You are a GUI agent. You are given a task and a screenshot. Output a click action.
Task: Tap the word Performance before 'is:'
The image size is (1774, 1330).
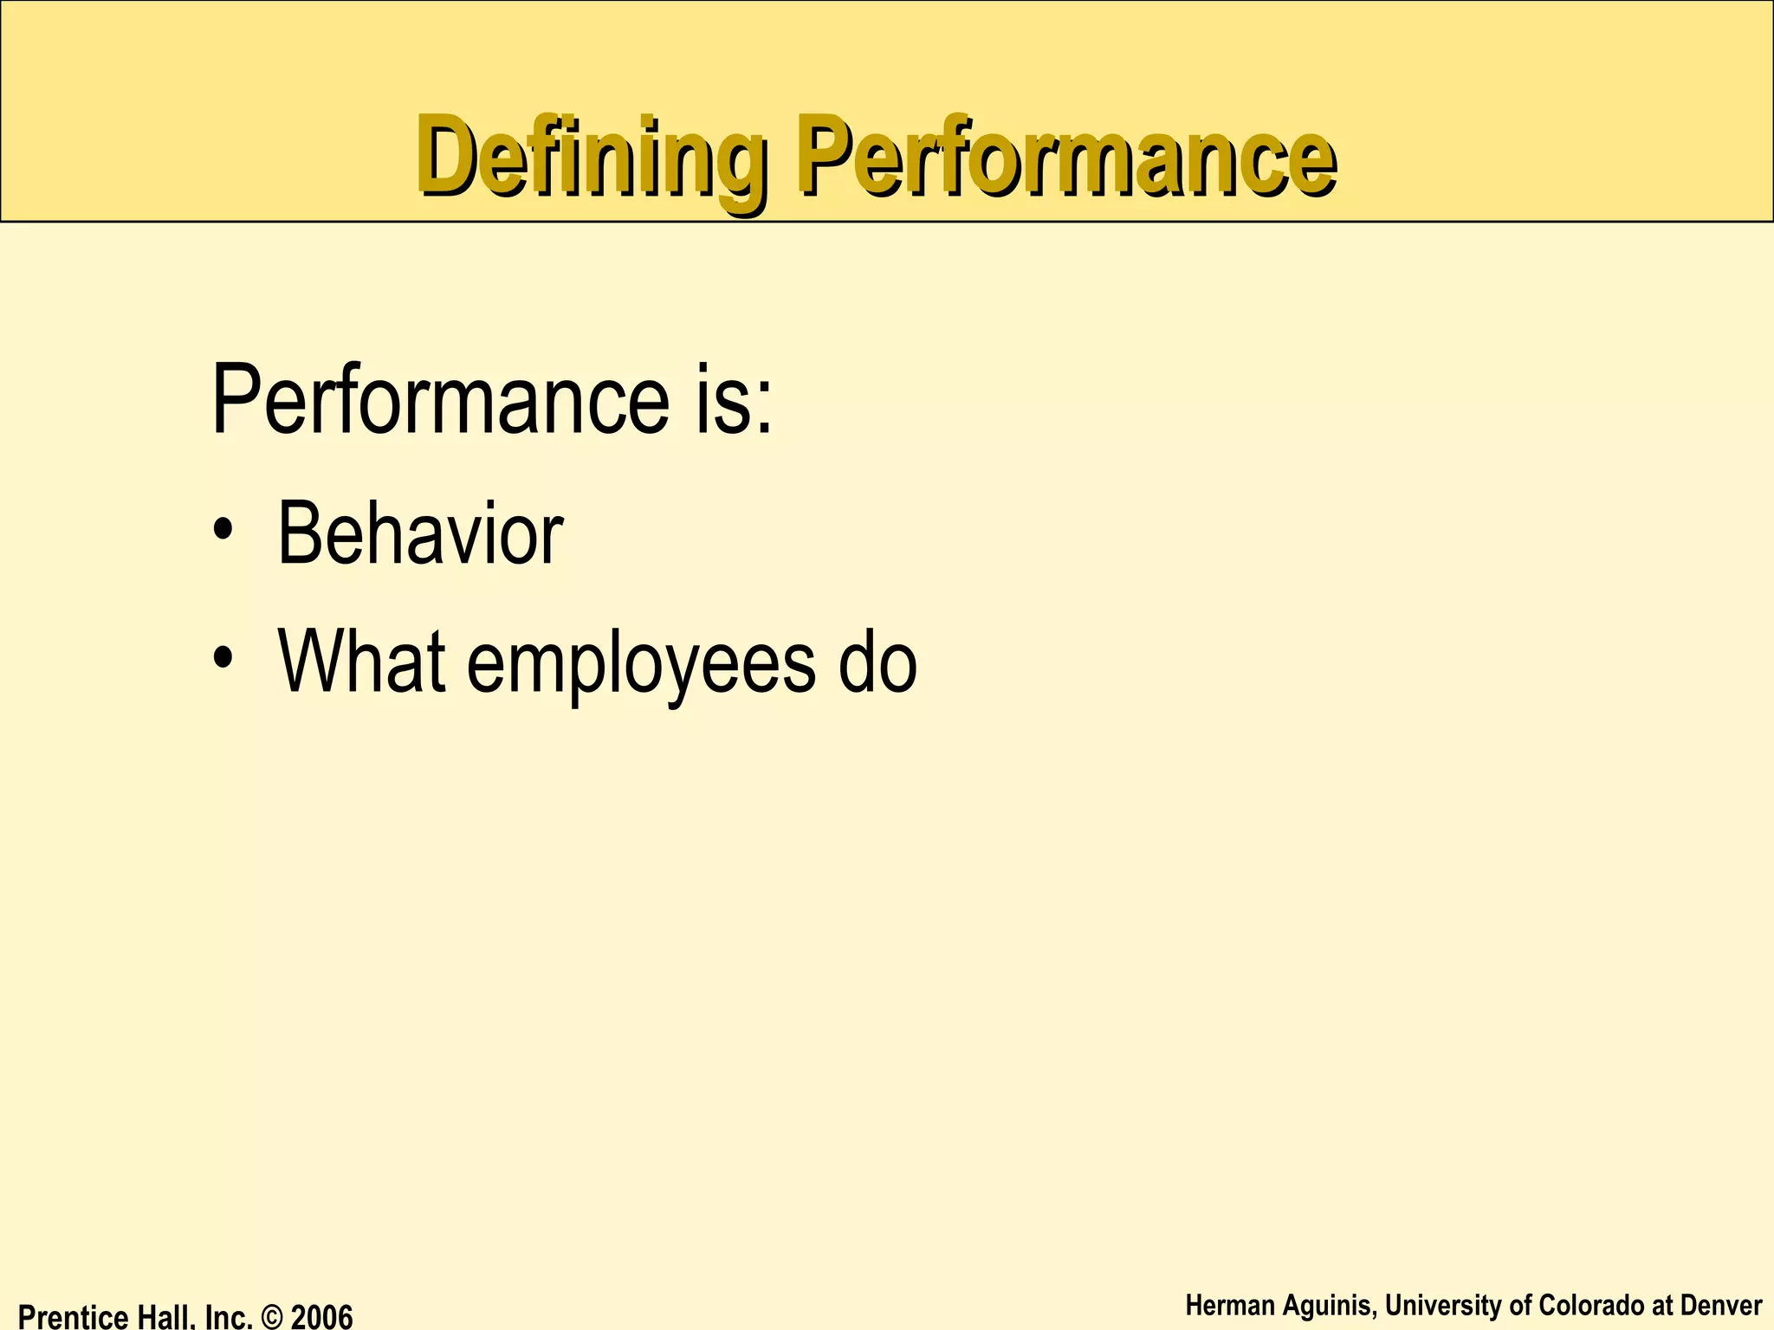tap(440, 400)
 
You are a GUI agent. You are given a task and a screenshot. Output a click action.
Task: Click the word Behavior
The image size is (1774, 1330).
tap(420, 534)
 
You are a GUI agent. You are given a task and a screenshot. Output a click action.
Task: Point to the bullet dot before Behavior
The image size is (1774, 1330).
tap(223, 531)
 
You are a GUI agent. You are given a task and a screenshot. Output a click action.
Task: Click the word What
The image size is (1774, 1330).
tap(362, 662)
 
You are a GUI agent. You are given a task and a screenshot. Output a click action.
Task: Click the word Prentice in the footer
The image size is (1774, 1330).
tap(73, 1316)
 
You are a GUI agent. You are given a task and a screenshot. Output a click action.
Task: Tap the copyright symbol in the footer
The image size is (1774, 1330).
tap(271, 1317)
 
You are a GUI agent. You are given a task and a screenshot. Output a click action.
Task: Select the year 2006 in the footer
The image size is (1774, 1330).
tap(321, 1316)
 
